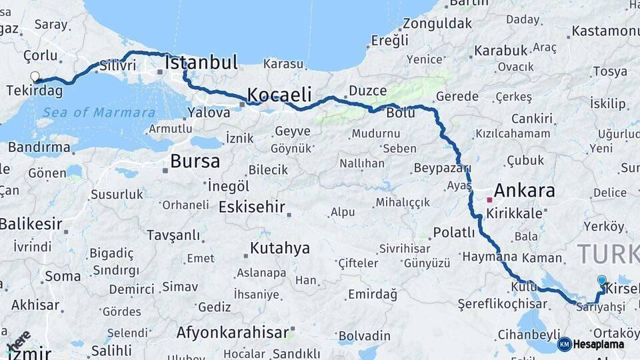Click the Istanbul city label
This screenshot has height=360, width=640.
(x=201, y=63)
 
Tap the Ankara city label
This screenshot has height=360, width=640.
(x=524, y=191)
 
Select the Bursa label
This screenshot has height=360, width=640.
(x=195, y=161)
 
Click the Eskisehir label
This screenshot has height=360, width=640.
(x=252, y=206)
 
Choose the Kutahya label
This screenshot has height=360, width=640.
(x=280, y=249)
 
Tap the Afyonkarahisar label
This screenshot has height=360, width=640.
(x=233, y=332)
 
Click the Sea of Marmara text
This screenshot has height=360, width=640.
(x=99, y=113)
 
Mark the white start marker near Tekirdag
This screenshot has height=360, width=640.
(x=35, y=77)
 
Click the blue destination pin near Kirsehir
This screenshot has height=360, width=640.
(x=602, y=281)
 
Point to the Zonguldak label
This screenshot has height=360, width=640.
(x=437, y=24)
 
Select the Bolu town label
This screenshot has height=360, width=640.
(x=400, y=113)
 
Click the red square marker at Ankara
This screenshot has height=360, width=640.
(x=489, y=199)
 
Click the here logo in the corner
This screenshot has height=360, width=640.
(x=19, y=341)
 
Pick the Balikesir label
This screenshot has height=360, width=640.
(x=31, y=224)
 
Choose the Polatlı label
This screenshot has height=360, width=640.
(x=454, y=233)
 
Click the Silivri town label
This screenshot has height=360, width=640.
(x=117, y=66)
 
